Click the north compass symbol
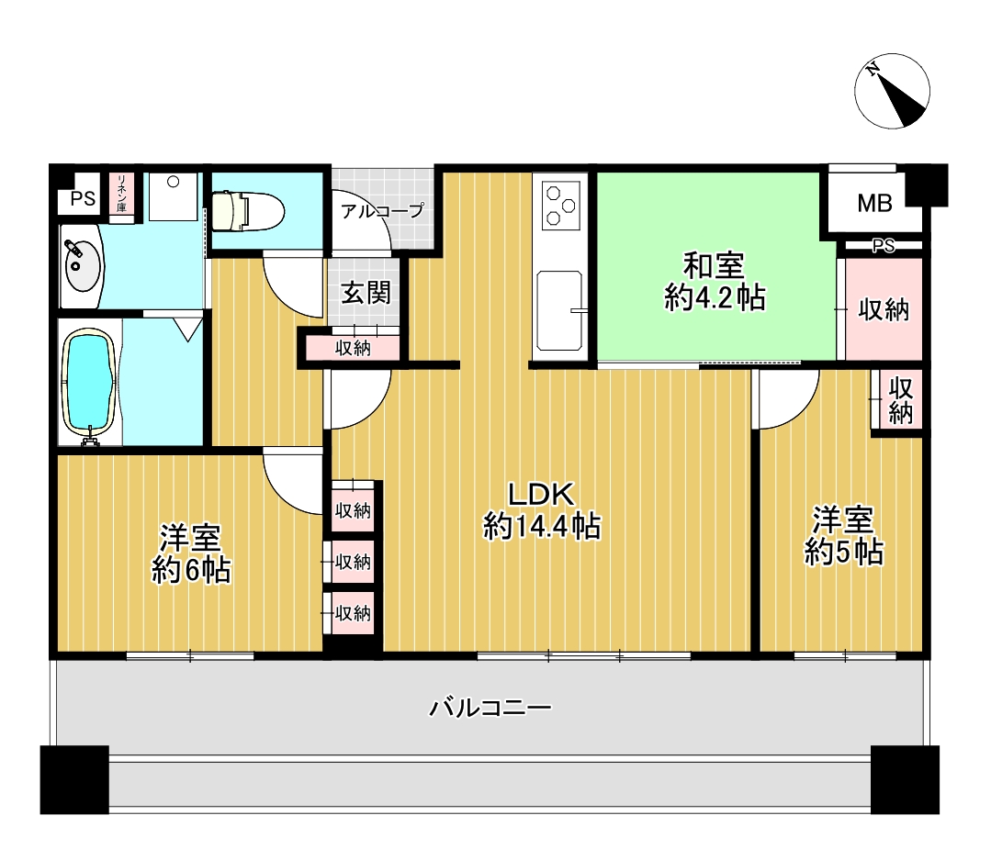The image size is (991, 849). [x=892, y=91]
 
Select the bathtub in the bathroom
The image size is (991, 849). [x=90, y=383]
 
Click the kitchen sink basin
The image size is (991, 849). [x=559, y=310]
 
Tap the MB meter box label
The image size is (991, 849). [x=874, y=204]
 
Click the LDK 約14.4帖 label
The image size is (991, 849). [x=542, y=510]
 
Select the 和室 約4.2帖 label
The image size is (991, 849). [x=715, y=282]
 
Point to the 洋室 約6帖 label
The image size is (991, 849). [x=191, y=553]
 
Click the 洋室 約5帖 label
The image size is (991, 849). [x=844, y=536]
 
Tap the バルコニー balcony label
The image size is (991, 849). [x=490, y=708]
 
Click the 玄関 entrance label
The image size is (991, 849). [x=366, y=293]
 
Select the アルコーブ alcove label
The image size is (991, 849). [x=382, y=210]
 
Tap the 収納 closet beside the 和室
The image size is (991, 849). [x=884, y=309]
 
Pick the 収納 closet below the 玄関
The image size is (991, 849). [x=353, y=348]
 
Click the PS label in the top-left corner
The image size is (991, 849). [x=83, y=199]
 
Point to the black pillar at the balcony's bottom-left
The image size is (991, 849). [x=74, y=779]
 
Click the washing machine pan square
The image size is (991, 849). [x=174, y=196]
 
